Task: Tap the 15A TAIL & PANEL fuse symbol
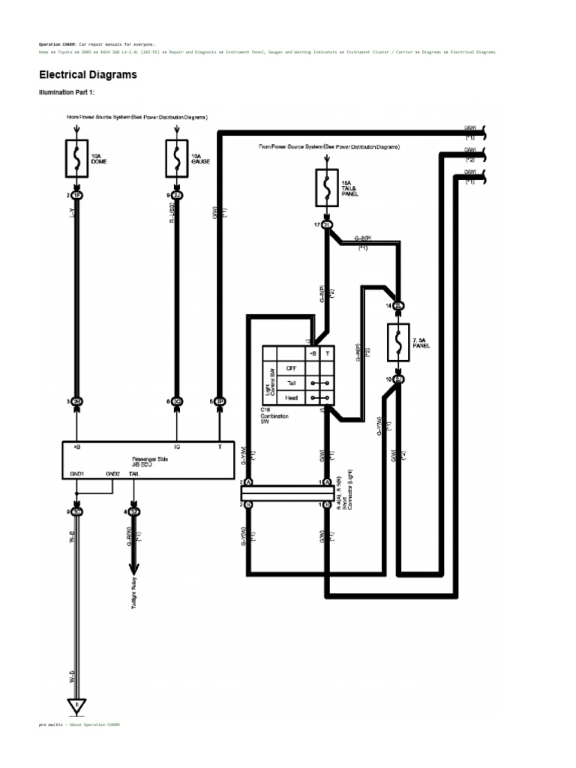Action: (x=328, y=187)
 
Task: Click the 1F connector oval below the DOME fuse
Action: (x=77, y=195)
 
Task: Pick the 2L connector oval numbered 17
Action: (x=328, y=224)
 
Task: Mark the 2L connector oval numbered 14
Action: (x=398, y=306)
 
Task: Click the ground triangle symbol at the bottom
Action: (x=77, y=706)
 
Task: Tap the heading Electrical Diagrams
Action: (x=88, y=76)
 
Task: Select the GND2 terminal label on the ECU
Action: (x=112, y=474)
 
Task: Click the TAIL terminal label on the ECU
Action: (x=133, y=474)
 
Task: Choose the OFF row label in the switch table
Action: (x=291, y=368)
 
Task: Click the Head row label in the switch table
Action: (x=291, y=397)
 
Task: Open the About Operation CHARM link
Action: (x=94, y=725)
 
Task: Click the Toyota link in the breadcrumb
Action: (x=64, y=52)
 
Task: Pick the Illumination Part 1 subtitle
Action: (x=66, y=92)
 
